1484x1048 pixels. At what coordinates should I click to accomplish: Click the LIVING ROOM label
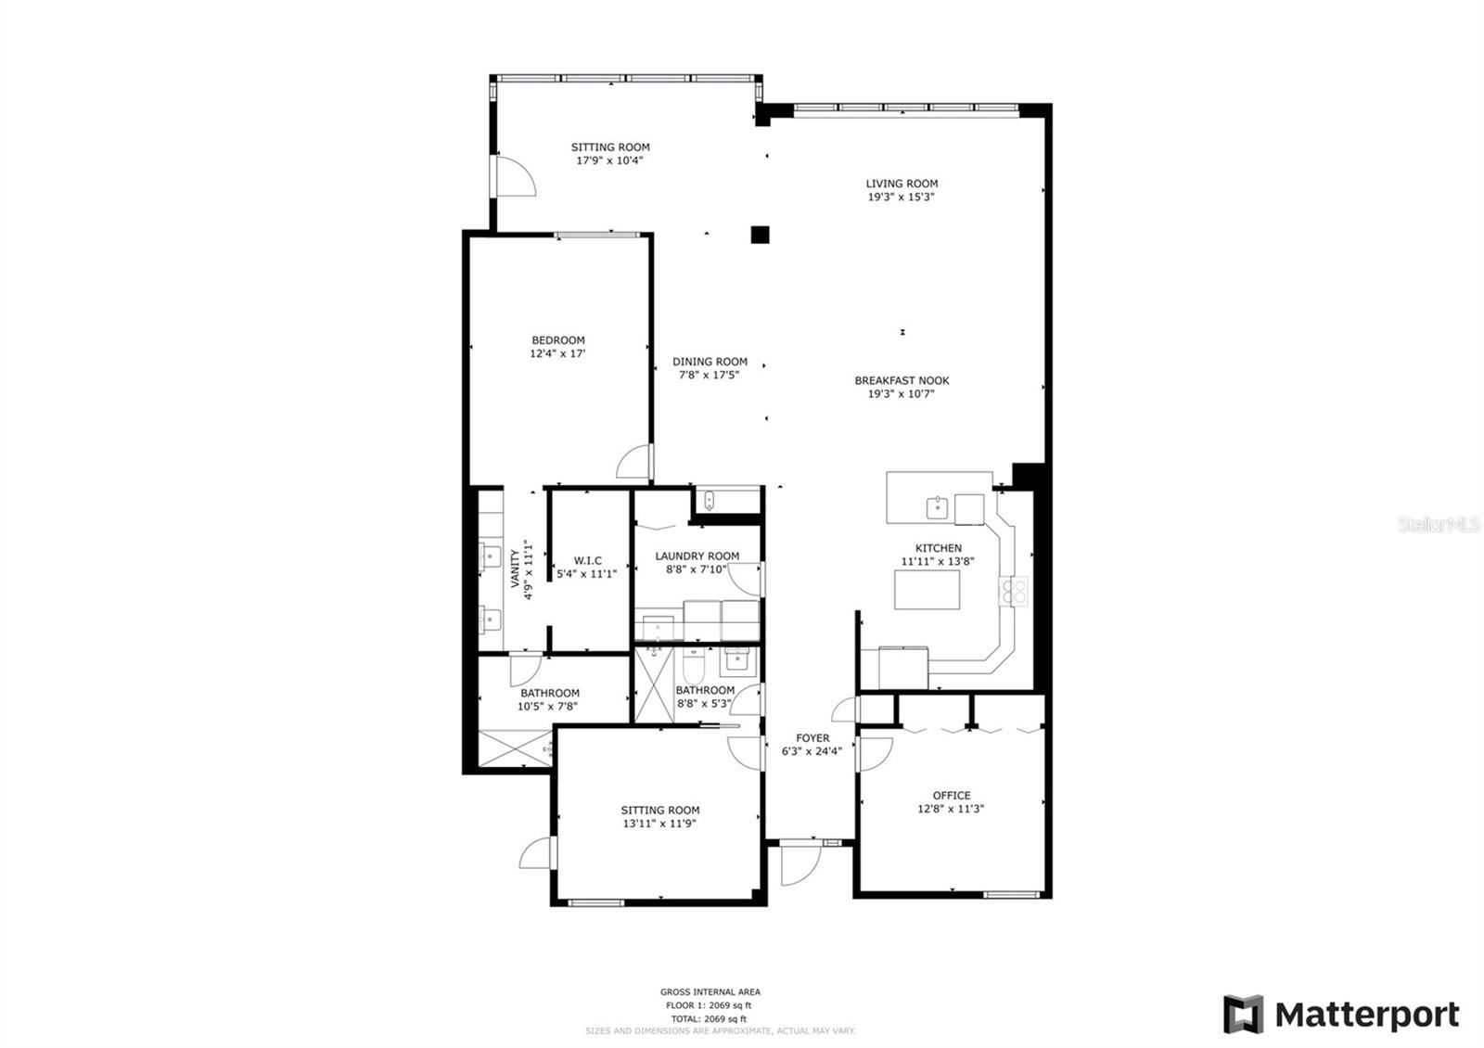point(902,184)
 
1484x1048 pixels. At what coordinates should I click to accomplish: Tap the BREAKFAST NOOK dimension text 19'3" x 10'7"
point(902,394)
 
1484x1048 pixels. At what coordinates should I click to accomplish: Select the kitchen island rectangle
point(927,590)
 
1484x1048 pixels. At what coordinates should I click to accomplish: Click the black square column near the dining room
point(760,235)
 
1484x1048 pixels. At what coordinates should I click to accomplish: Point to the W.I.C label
point(587,560)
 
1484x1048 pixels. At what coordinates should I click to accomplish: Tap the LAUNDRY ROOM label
point(697,556)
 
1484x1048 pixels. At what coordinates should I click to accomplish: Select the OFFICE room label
point(951,796)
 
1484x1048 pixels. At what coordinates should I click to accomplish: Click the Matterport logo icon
point(1242,1014)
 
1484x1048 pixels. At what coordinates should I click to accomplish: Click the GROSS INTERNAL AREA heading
point(710,991)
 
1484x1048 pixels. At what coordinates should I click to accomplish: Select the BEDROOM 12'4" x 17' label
point(557,347)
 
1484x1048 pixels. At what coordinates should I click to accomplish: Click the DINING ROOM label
point(710,362)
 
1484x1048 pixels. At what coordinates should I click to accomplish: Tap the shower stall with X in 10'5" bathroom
point(515,748)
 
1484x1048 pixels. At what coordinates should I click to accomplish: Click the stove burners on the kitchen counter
point(1013,591)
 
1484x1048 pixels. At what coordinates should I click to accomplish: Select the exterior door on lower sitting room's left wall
point(537,853)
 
